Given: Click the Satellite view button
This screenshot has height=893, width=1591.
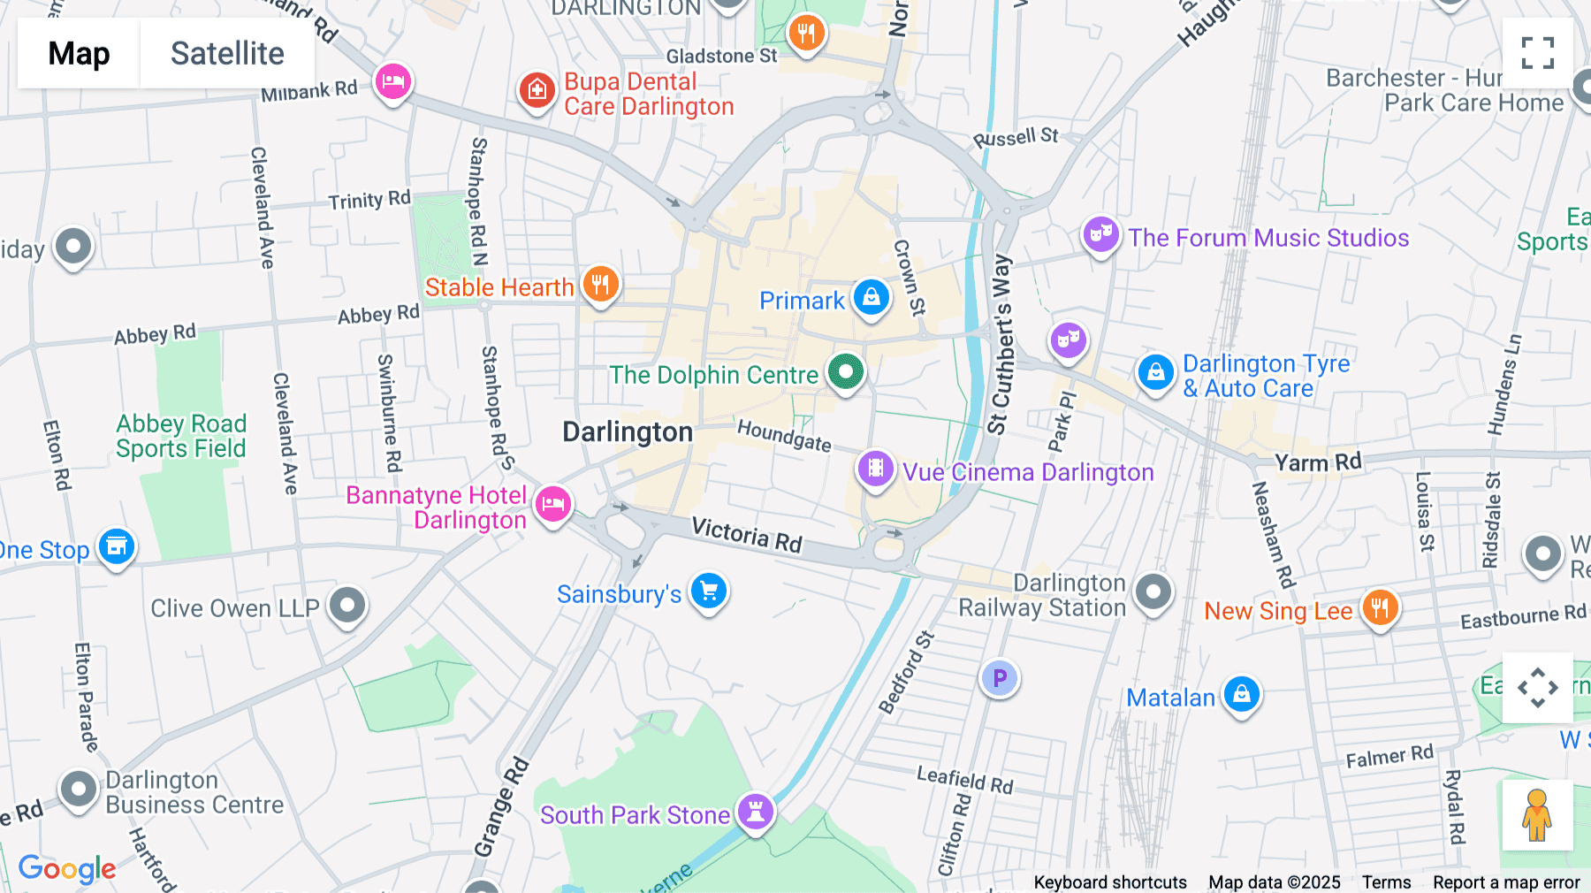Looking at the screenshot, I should (x=227, y=53).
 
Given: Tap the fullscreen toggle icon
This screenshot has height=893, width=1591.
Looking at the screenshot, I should (x=1537, y=53).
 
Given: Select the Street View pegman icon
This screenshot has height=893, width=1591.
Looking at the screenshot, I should (x=1537, y=815).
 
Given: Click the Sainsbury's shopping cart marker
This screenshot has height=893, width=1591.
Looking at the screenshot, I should (x=709, y=591).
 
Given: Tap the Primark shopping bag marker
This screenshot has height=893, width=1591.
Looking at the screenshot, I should (x=872, y=298).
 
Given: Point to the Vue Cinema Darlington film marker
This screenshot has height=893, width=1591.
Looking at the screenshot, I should (x=875, y=469).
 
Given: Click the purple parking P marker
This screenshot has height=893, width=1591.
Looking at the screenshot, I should (x=1000, y=678).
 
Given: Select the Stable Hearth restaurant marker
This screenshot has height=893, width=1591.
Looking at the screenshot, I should (x=600, y=285).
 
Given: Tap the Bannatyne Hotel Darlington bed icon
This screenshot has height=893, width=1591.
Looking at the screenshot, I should (x=553, y=504).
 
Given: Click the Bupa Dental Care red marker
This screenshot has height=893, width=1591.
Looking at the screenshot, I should (x=537, y=90).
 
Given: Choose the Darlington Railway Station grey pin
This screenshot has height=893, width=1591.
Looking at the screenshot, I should (x=1153, y=592).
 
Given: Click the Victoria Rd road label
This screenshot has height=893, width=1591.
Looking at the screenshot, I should (x=747, y=535).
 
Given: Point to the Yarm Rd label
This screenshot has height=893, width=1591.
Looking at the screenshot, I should (x=1317, y=462).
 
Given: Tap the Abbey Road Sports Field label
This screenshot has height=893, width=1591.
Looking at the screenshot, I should (x=181, y=436).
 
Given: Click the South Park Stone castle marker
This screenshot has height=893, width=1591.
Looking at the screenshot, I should (x=756, y=810).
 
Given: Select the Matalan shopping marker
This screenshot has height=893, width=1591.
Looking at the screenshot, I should (x=1242, y=694).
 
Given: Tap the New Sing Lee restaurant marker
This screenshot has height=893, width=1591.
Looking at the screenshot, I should (x=1380, y=607).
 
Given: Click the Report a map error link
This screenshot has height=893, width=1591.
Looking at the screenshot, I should (x=1506, y=882).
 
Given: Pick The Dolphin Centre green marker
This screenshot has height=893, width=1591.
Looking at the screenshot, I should (x=846, y=371).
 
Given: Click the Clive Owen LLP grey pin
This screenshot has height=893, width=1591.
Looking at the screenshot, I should (x=347, y=606).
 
